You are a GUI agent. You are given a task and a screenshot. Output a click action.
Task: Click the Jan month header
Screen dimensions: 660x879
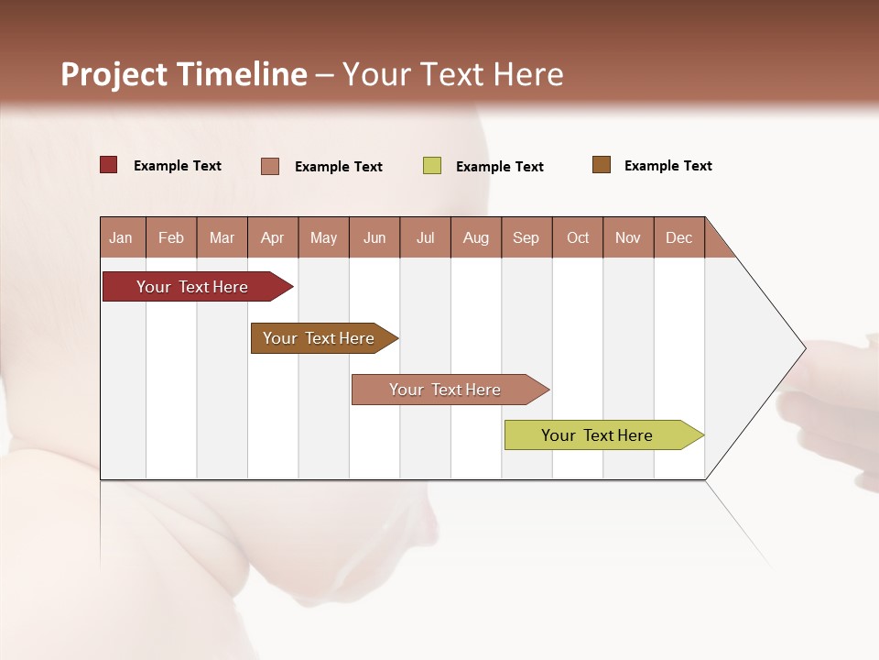pos(122,237)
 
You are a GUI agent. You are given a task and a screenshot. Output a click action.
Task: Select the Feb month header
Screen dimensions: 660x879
pos(171,237)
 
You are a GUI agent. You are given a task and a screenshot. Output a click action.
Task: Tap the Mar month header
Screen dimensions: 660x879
pos(222,237)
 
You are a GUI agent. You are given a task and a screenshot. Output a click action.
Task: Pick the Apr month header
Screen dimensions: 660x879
pos(273,237)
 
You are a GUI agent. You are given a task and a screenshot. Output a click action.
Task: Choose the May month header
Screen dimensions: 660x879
pos(323,237)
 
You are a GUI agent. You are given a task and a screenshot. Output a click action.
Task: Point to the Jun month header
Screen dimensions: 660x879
pos(374,237)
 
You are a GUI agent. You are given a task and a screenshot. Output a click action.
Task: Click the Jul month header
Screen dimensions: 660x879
pos(425,237)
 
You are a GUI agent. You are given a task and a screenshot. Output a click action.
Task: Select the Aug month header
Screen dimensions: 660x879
pos(476,237)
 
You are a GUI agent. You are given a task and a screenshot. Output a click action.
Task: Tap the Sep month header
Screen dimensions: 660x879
pos(526,237)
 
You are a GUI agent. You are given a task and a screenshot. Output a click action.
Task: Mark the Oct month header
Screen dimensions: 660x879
pos(578,237)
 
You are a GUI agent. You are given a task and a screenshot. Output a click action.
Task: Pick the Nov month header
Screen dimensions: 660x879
pos(628,237)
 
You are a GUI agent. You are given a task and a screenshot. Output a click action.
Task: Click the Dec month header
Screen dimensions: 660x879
pos(679,237)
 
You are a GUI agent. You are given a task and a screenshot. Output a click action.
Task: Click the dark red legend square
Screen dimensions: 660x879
pos(109,165)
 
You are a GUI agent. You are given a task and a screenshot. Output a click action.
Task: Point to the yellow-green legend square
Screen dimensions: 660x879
pos(432,166)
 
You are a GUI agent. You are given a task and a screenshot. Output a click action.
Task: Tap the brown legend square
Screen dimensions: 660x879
pos(602,165)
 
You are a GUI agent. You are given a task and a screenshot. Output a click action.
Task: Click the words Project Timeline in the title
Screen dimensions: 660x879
pos(184,74)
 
